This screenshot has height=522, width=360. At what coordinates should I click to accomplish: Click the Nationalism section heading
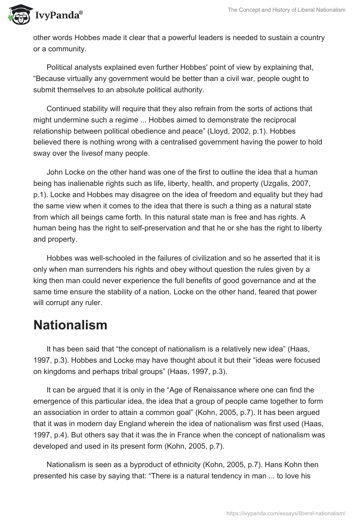[x=70, y=325]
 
